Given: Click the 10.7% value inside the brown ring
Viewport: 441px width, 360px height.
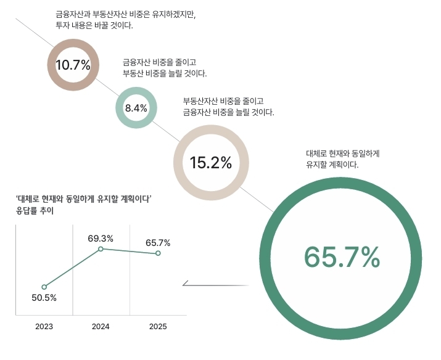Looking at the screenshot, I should tap(73, 65).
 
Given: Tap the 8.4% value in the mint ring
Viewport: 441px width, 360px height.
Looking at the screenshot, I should tap(136, 108).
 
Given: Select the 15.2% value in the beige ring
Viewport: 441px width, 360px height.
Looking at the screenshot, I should tap(211, 163).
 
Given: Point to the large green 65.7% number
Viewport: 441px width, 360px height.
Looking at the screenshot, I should tap(342, 257).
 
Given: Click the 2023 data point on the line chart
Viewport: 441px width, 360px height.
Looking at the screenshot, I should tap(44, 287).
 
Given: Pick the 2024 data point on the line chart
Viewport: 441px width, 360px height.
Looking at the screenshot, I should tap(101, 248).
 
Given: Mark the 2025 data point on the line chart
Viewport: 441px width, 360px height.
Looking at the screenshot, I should tap(158, 253).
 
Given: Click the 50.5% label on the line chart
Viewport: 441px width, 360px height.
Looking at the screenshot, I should tap(44, 298).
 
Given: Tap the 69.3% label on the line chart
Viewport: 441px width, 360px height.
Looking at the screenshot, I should tap(101, 238).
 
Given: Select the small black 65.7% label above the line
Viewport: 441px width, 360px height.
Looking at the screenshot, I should tap(158, 242).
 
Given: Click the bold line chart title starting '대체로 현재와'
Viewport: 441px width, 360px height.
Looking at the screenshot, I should tap(84, 199).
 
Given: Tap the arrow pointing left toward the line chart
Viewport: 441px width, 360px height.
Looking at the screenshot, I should tap(186, 285).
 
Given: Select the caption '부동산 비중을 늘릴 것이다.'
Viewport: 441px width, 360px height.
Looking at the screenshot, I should tap(165, 73).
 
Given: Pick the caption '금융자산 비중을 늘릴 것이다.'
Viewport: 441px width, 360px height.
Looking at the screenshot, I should tap(228, 112).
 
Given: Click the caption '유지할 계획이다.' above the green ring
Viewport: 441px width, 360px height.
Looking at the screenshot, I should tap(332, 165).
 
